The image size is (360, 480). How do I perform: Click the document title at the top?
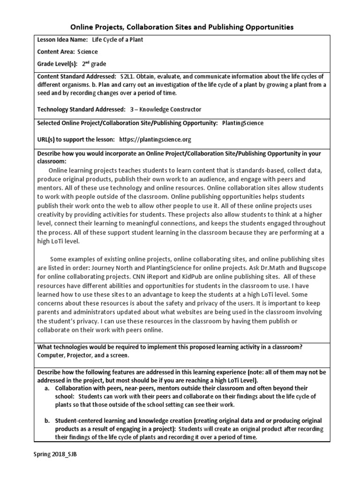pyautogui.click(x=182, y=27)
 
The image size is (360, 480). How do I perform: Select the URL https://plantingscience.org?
pyautogui.click(x=155, y=140)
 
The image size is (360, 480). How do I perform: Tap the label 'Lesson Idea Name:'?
pyautogui.click(x=62, y=40)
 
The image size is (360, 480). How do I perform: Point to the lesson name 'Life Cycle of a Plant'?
pyautogui.click(x=117, y=40)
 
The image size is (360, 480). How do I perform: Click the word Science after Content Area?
pyautogui.click(x=88, y=52)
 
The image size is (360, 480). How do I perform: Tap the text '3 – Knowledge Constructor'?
pyautogui.click(x=166, y=109)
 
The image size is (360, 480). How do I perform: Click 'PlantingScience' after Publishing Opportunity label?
pyautogui.click(x=242, y=123)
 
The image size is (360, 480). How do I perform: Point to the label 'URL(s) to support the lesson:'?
pyautogui.click(x=76, y=140)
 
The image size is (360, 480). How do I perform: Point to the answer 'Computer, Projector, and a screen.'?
pyautogui.click(x=83, y=356)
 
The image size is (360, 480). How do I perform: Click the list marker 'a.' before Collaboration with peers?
pyautogui.click(x=47, y=389)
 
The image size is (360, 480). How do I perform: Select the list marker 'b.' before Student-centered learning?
pyautogui.click(x=47, y=421)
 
